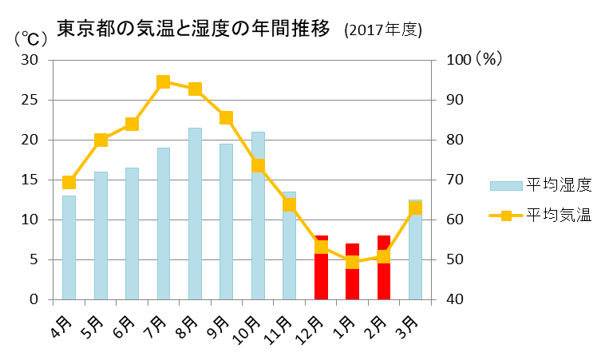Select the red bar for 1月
coord(352,271)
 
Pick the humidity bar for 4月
coord(69,247)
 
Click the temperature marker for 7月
coord(164,81)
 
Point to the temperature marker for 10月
coord(258,166)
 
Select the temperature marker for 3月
coord(415,208)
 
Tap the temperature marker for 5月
coord(101,140)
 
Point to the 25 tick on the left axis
coord(30,100)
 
